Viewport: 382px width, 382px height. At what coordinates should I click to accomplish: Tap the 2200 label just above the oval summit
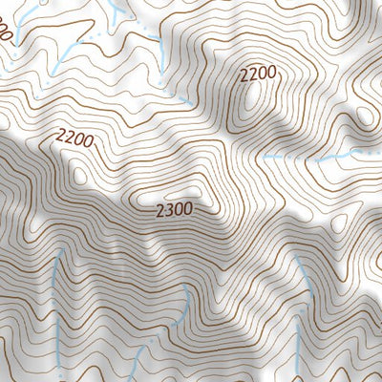pos(258,74)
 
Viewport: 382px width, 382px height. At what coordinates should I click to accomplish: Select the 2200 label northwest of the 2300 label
pos(74,139)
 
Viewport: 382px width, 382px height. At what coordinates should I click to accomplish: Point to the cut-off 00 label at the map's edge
pos(6,36)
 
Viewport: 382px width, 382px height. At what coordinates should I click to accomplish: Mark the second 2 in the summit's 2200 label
pos(253,74)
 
